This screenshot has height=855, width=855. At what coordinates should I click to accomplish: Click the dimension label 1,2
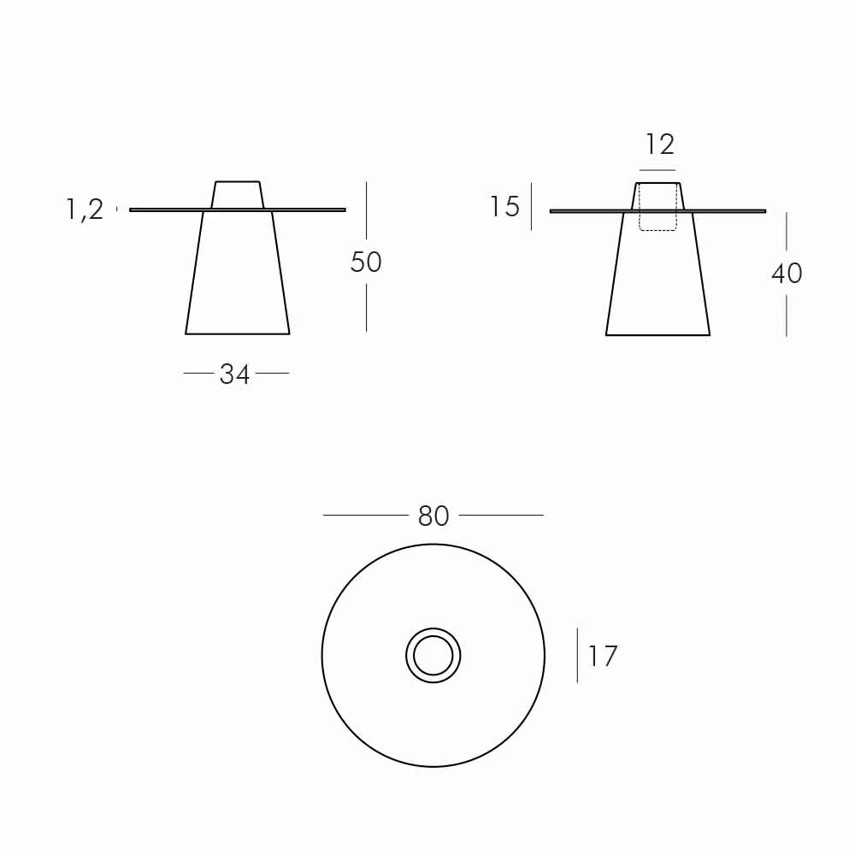point(85,209)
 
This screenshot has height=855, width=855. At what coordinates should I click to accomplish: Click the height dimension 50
point(366,262)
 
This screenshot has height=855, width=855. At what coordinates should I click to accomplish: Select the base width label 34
point(235,374)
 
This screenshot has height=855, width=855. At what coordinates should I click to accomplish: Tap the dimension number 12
point(659,144)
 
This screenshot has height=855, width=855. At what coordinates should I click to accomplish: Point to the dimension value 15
point(504,207)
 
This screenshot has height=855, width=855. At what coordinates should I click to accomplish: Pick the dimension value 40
point(787,274)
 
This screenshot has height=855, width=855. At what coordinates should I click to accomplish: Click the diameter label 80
point(433,516)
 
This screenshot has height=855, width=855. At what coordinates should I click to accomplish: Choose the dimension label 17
point(602,657)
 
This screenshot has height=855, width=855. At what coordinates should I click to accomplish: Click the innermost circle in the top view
point(433,656)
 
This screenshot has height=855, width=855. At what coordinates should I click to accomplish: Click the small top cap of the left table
point(238,195)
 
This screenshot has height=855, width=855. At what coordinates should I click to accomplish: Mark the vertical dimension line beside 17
point(577,656)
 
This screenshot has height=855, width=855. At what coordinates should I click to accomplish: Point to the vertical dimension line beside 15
point(531,206)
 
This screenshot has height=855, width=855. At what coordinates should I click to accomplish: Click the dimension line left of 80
point(365,516)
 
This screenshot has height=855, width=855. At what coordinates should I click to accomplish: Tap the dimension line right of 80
point(501,516)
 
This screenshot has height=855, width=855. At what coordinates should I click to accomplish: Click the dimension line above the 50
point(366,209)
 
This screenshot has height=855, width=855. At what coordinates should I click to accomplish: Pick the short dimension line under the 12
point(657,170)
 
